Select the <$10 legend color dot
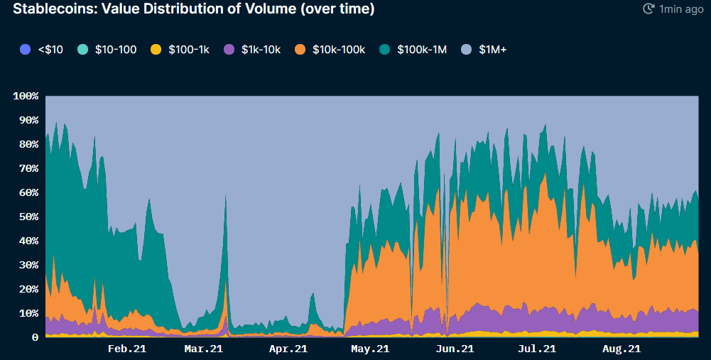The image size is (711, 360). pos(26,50)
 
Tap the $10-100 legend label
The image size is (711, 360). pos(116,50)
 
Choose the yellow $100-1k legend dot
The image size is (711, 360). pos(153,50)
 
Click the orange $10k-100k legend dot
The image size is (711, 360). pos(300,50)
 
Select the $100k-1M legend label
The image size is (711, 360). pos(421,50)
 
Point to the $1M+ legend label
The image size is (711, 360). pos(493,50)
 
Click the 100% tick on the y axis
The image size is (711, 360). pos(26,96)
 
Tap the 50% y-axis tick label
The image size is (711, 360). pos(28,217)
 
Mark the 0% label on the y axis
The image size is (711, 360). pos(31,337)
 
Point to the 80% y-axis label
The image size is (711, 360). pos(28,144)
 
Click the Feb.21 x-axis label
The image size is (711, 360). pos(128,349)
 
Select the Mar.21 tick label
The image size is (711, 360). pos(204,349)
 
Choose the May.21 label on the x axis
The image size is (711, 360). pos(370,349)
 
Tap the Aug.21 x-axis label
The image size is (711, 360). pos(622,349)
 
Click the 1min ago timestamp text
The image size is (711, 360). pos(681,9)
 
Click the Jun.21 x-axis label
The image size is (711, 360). pos(455,349)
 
